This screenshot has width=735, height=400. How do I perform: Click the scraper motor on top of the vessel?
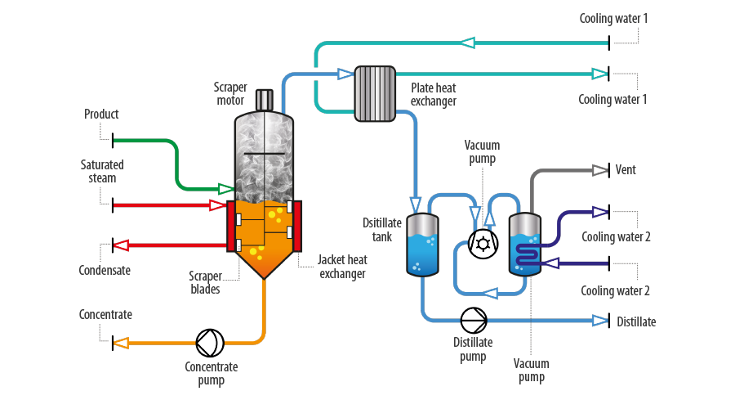pos(265,100)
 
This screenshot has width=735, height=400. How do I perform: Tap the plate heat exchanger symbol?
pos(375,94)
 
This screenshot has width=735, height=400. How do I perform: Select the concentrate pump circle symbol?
pos(210,343)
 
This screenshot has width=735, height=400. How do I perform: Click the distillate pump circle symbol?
pos(474,321)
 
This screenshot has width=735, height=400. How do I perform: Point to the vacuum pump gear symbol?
pos(483,244)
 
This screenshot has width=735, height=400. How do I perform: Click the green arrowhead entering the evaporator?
pos(226,189)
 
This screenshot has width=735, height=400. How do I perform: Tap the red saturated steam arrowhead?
pos(217,205)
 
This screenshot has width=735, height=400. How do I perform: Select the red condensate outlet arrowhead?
pos(121,245)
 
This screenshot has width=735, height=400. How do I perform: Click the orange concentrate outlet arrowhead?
pos(121,344)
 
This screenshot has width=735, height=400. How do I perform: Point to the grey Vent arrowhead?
pos(600,170)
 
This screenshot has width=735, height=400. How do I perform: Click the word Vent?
pos(626,169)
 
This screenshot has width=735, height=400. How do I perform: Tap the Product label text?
pos(101,114)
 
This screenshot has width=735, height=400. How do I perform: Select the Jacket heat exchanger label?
pos(343,267)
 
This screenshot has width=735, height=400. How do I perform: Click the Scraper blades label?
pos(205,282)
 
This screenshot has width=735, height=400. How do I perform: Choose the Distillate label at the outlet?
pos(636,321)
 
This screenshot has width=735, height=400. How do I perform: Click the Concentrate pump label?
pos(212,373)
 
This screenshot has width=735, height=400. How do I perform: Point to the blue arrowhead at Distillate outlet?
pos(600,321)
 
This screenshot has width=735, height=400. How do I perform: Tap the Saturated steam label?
pos(102,171)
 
